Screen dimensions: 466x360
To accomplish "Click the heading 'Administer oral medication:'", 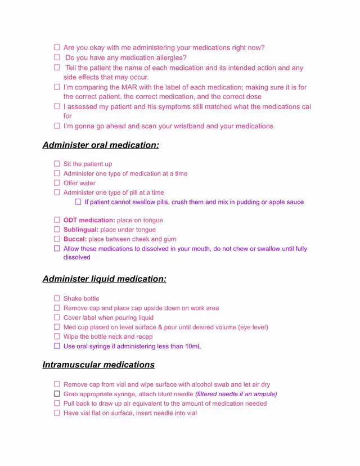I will click(101, 145).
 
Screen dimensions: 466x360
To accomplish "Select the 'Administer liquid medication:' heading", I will click(104, 279).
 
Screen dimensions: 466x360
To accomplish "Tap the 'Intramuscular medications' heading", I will click(98, 365).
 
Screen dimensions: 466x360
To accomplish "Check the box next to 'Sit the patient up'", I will click(57, 164).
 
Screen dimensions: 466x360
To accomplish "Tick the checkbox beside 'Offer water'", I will click(57, 183).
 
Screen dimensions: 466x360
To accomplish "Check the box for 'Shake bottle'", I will click(57, 298).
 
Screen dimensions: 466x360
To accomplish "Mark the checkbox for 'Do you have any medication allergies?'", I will click(57, 57).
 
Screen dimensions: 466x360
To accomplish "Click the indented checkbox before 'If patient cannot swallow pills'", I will click(78, 201).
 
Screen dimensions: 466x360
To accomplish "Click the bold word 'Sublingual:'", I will click(81, 230).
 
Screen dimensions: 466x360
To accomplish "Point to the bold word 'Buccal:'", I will click(75, 239).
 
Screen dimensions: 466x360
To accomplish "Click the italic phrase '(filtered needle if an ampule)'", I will click(236, 394).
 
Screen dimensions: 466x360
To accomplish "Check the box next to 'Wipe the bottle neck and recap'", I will click(57, 337).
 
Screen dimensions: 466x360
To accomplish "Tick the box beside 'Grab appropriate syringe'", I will click(57, 394).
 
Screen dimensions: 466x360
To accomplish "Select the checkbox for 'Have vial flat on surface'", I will click(57, 413).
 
